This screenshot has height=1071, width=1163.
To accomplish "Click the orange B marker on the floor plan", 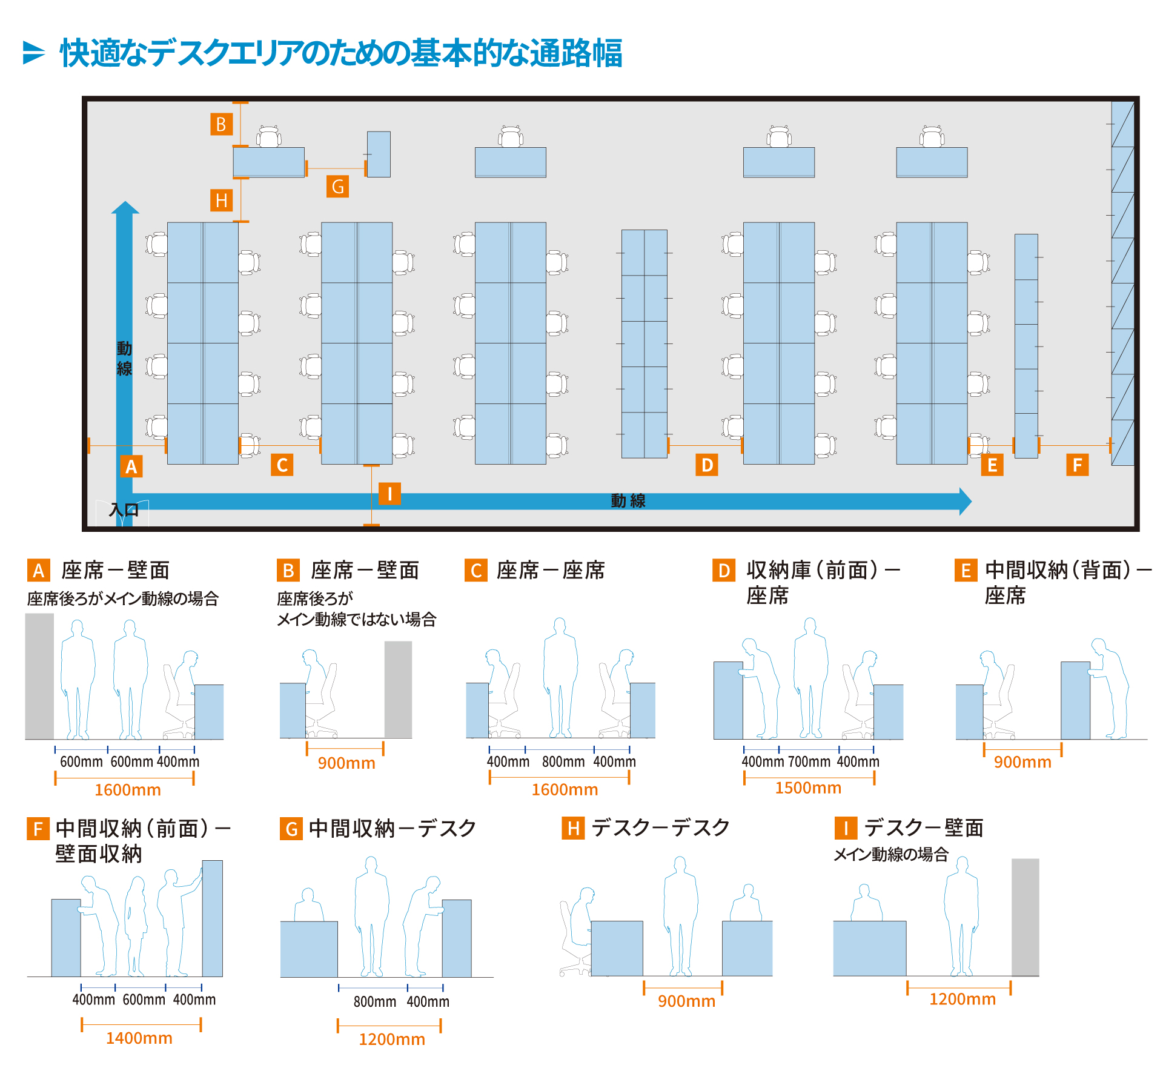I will [x=221, y=124].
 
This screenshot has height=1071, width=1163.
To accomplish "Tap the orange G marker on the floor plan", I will [x=337, y=186].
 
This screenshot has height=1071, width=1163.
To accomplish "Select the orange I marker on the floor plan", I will [x=389, y=494].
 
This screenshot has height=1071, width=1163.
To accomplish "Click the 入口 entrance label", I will [x=124, y=509].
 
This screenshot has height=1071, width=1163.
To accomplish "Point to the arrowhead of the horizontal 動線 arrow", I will [x=965, y=502].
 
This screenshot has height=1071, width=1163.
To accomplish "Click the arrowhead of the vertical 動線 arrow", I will [x=125, y=208].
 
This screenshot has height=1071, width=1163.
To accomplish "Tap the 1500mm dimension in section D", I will [x=808, y=787].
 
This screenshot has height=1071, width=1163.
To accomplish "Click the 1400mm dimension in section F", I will [x=139, y=1038].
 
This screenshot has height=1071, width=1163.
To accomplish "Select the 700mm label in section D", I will [x=809, y=761].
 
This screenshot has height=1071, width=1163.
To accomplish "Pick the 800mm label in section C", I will [x=563, y=761].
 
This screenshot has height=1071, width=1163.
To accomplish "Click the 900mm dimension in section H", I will [x=686, y=1001].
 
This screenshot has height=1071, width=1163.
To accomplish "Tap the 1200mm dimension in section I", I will [x=962, y=999].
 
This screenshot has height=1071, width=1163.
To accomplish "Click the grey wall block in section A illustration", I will [x=39, y=675].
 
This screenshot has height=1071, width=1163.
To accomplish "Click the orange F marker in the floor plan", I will [x=1077, y=465].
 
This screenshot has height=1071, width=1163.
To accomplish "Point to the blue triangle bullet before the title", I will [x=33, y=53].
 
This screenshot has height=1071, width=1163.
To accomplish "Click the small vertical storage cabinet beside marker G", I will [x=379, y=154].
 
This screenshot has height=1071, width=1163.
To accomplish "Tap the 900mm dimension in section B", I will [x=346, y=763].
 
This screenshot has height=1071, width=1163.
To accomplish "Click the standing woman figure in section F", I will [x=136, y=927].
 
